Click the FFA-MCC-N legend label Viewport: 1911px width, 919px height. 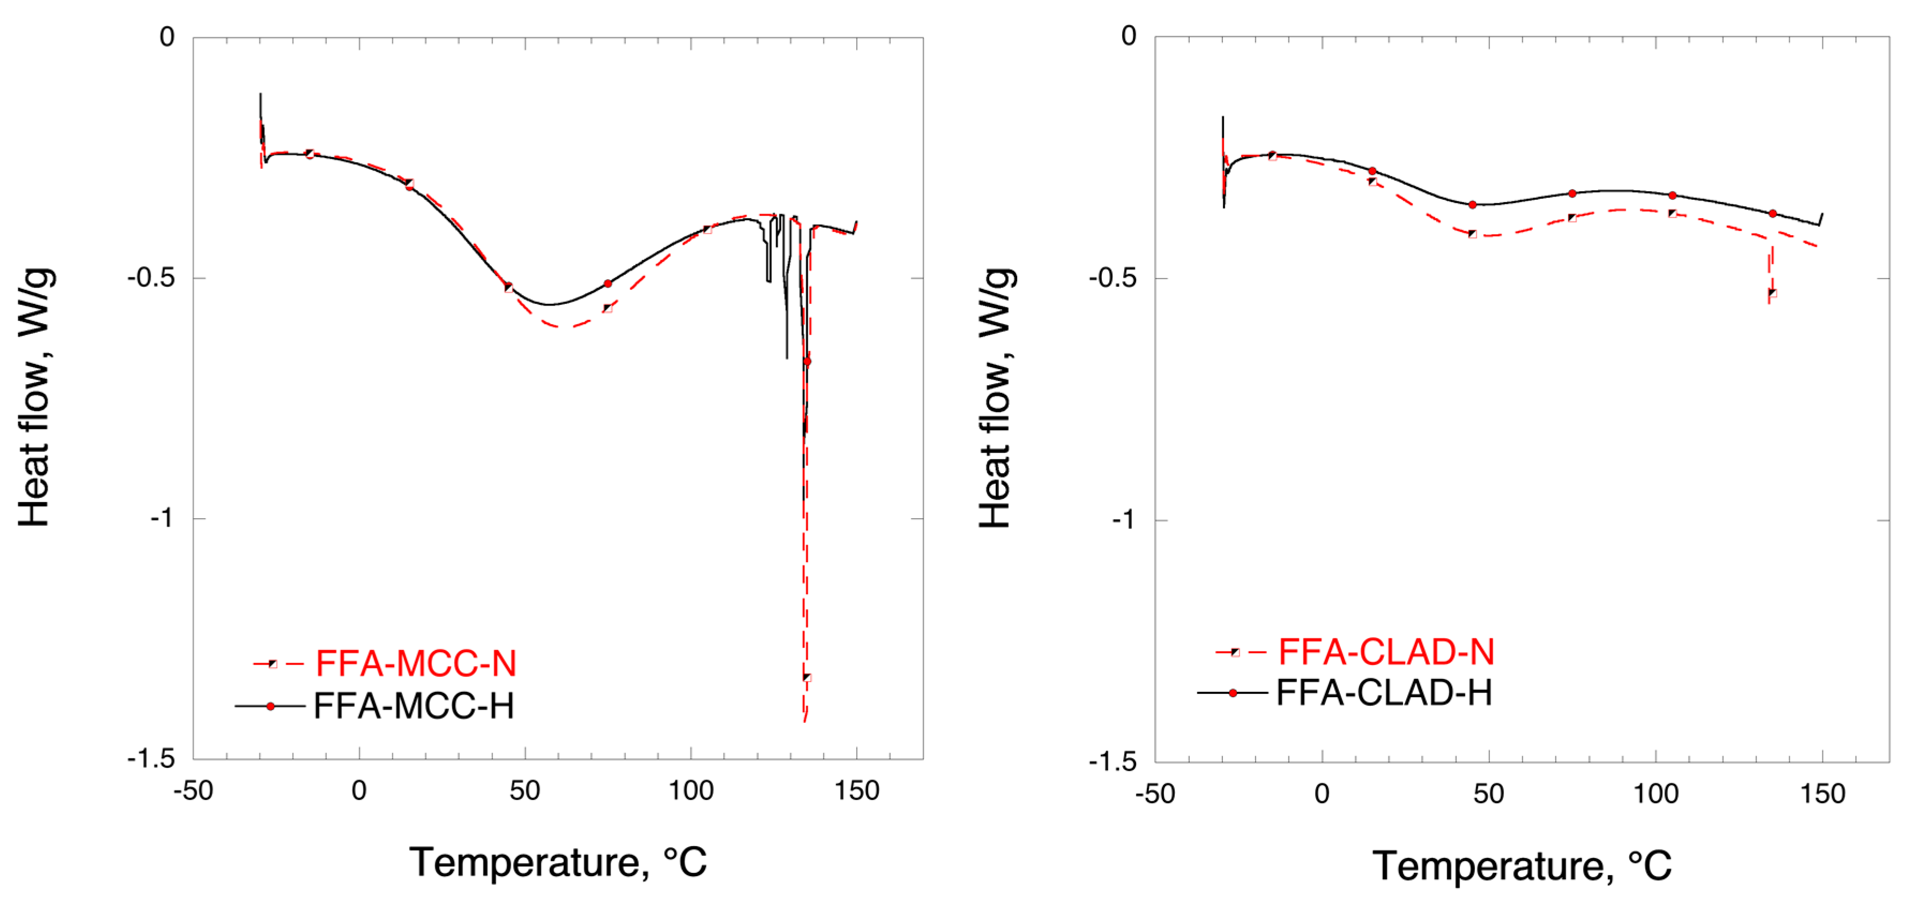(415, 663)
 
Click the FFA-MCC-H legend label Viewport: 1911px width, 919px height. (413, 705)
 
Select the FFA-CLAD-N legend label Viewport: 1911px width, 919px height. (1385, 652)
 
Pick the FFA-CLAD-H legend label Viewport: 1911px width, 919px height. (1384, 693)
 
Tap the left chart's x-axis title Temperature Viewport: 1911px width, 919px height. (558, 862)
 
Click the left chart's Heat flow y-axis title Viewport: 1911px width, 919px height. (34, 398)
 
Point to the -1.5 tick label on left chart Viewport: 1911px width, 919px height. (151, 758)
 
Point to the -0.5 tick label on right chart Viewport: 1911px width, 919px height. (1112, 278)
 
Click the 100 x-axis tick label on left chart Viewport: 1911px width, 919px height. (691, 791)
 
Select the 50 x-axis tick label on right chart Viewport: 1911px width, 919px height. (1488, 794)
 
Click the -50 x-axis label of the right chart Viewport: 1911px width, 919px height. (1155, 794)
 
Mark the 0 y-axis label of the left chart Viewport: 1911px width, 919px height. (167, 36)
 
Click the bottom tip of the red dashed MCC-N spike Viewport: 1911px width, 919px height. (805, 720)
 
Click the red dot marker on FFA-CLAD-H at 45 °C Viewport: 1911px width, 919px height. (1473, 205)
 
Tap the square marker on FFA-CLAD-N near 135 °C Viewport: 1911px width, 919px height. (1772, 293)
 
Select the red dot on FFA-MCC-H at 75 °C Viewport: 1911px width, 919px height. (608, 283)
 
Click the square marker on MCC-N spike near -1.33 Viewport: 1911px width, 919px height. (807, 677)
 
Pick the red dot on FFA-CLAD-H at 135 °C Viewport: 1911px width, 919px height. (1772, 214)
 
